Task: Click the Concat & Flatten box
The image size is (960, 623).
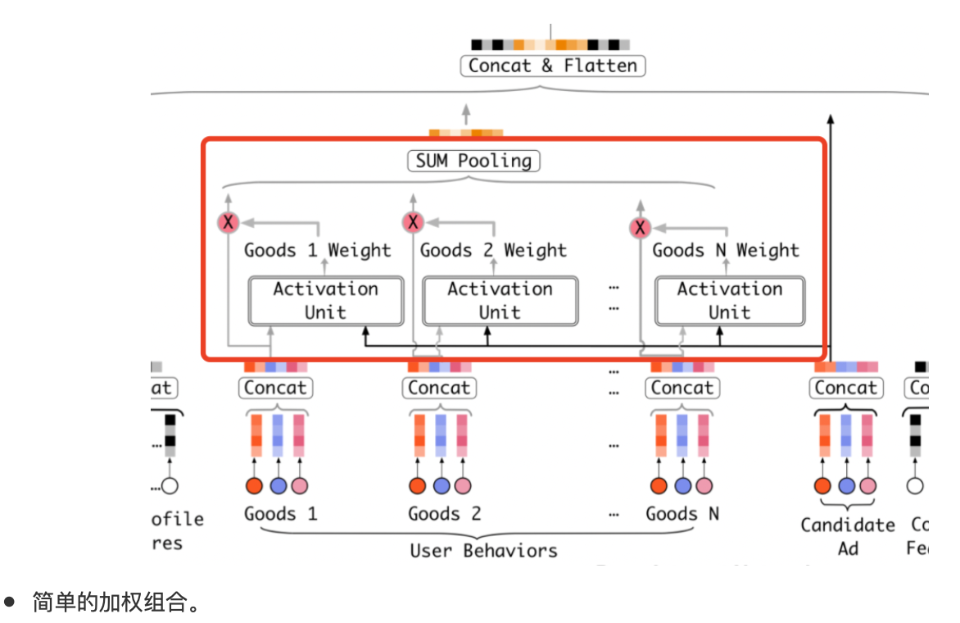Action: [x=553, y=66]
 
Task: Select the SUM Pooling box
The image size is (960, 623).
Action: [x=473, y=161]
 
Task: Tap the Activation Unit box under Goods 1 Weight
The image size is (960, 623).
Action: [x=326, y=301]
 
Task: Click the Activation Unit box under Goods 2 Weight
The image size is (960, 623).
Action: [x=500, y=301]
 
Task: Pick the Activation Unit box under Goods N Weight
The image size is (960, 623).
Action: [x=729, y=301]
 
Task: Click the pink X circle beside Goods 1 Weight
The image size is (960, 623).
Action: [x=229, y=222]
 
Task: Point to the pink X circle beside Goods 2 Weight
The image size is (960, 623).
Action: [x=414, y=222]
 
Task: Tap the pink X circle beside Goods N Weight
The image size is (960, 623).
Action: [x=641, y=228]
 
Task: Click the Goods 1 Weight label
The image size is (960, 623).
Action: [x=318, y=251]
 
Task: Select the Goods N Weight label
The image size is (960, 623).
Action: [x=726, y=251]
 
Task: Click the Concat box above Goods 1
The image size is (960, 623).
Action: [x=275, y=388]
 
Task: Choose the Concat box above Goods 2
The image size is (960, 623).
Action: [x=439, y=388]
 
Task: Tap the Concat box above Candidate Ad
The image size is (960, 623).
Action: [x=846, y=388]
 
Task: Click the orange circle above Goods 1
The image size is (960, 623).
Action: [x=255, y=486]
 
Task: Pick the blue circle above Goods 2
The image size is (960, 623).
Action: [x=442, y=486]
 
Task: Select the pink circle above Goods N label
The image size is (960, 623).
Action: [x=704, y=486]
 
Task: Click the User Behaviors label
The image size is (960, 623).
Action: [x=483, y=550]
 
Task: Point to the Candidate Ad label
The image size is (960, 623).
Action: [x=848, y=536]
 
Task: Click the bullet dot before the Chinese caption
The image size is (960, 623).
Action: [x=10, y=603]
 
